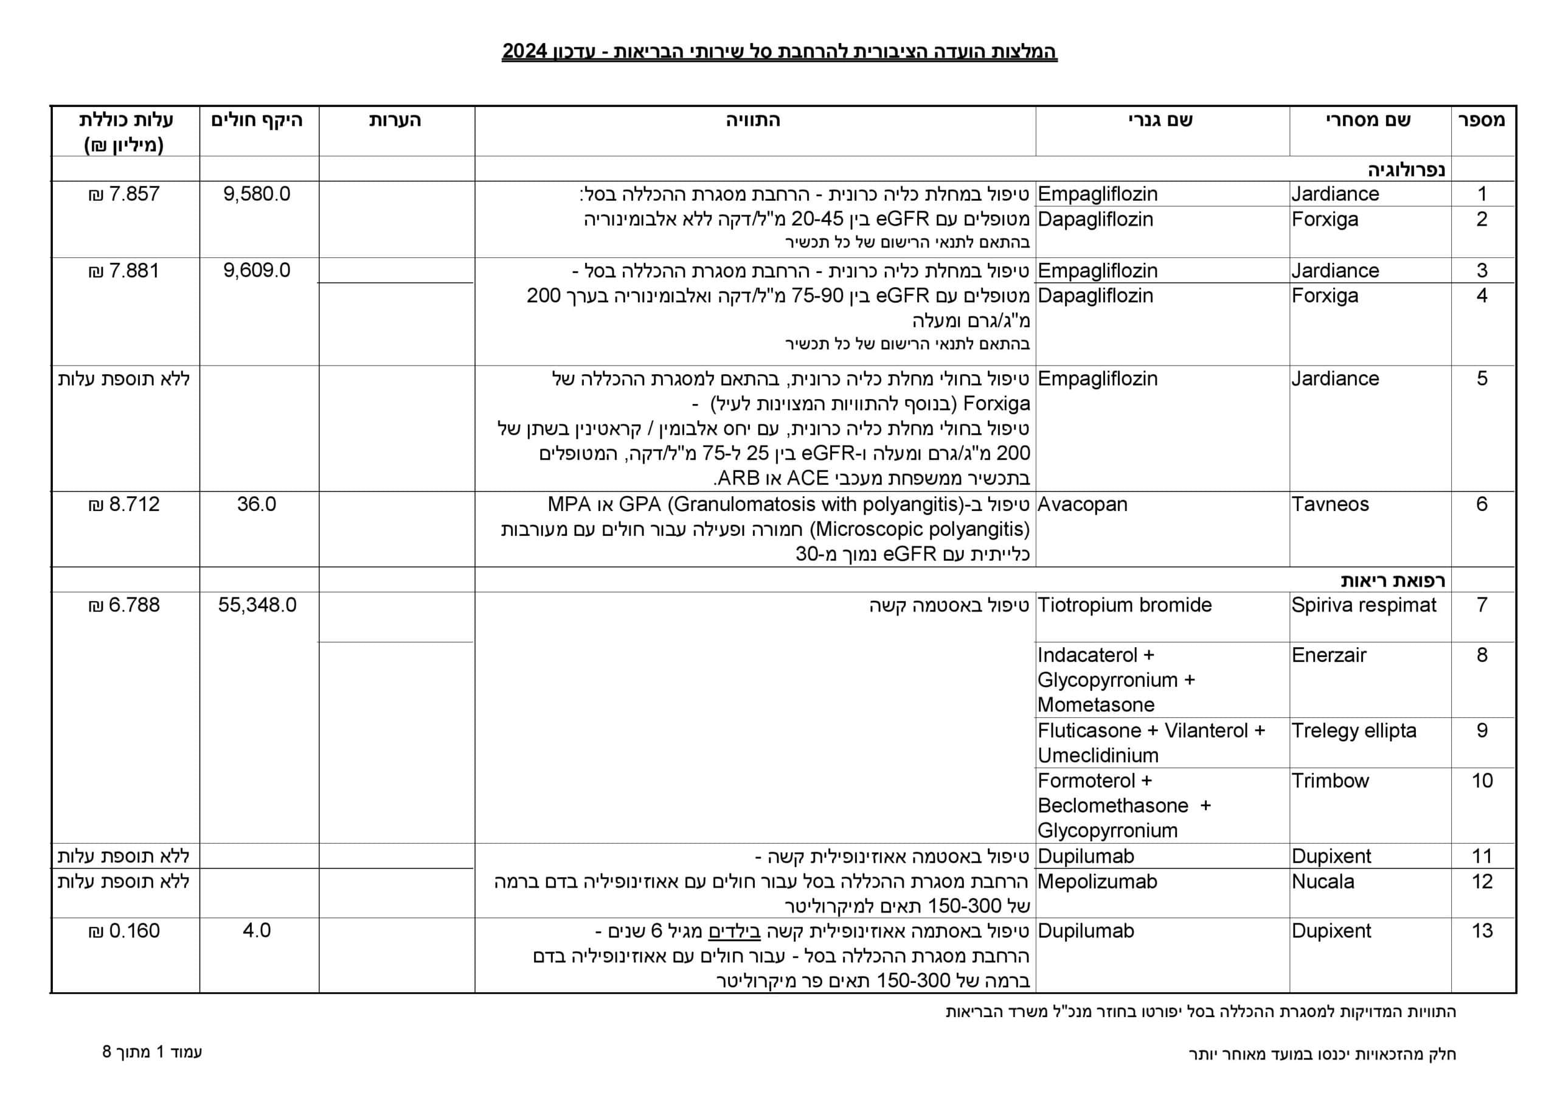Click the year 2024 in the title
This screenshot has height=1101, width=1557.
coord(524,52)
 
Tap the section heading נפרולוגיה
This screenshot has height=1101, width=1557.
coord(1406,170)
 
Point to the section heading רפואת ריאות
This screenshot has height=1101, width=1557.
coord(1393,581)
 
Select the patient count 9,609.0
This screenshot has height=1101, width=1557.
coord(257,271)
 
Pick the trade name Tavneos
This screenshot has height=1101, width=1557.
coord(1330,504)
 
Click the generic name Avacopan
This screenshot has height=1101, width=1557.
coord(1083,504)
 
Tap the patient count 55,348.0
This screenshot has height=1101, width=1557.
coord(257,605)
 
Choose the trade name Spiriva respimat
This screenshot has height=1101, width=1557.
coord(1363,605)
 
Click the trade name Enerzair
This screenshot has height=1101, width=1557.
coord(1328,655)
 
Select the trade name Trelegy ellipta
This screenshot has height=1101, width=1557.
coord(1354,731)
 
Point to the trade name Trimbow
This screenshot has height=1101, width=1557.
coord(1330,781)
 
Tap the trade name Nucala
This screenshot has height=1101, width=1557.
coord(1322,882)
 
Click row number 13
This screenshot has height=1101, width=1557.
coord(1482,931)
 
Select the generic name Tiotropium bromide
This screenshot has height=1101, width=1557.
coord(1125,605)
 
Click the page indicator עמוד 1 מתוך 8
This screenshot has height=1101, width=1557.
coord(153,1052)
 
